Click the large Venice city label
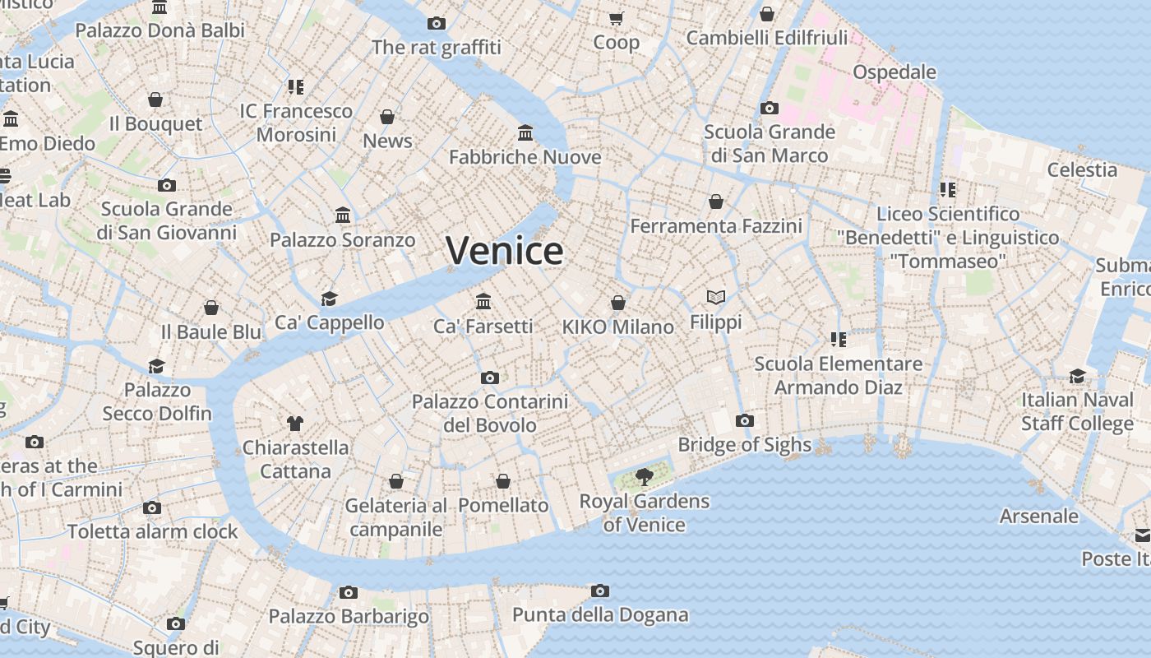click(505, 250)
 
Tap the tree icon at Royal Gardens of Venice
click(645, 476)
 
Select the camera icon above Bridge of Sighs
click(744, 420)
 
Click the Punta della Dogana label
click(600, 614)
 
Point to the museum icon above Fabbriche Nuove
click(525, 132)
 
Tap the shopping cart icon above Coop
click(616, 18)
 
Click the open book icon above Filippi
click(716, 297)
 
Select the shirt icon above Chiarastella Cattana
click(295, 424)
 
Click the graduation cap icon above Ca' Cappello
click(329, 298)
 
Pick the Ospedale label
click(894, 72)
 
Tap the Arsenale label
click(1039, 516)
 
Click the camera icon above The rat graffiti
click(437, 23)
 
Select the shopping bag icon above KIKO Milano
click(618, 303)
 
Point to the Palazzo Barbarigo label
click(349, 616)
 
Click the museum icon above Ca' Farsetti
click(483, 301)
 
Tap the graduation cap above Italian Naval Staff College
click(1077, 376)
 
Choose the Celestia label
click(1082, 169)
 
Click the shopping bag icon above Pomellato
click(503, 480)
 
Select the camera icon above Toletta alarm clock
click(152, 507)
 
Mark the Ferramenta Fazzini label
click(716, 225)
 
